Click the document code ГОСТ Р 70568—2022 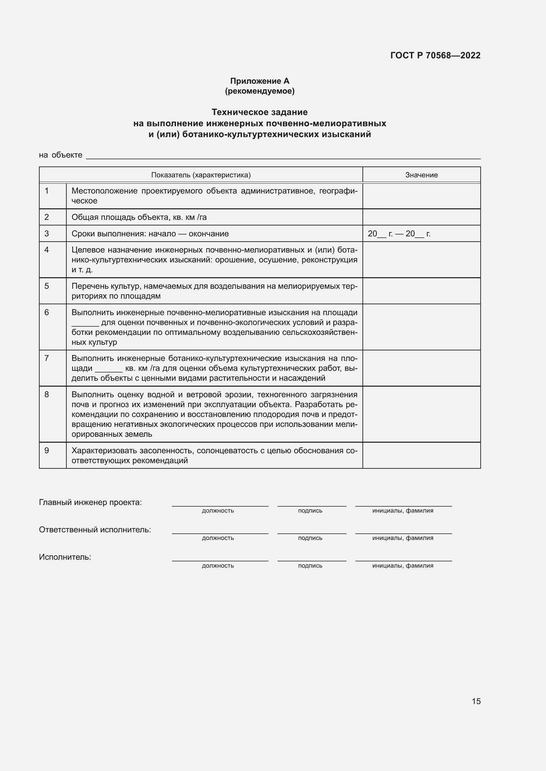pos(435,55)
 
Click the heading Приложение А pos(259,81)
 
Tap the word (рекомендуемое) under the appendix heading pos(259,91)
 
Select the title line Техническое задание pos(259,112)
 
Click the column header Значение pos(421,175)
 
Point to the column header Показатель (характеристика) pos(201,175)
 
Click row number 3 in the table pos(47,233)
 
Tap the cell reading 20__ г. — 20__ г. pos(399,234)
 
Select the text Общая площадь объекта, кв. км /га pos(139,217)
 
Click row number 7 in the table pos(47,358)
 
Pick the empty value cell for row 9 pos(421,455)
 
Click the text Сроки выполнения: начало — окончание pos(150,234)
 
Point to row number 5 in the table pos(47,286)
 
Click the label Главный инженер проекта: pos(90,502)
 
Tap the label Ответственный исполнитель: pos(95,530)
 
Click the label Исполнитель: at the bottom pos(65,557)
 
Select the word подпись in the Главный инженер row pos(310,511)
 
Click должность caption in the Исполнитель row pos(218,566)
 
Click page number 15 pos(476,701)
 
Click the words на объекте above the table pos(60,155)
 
